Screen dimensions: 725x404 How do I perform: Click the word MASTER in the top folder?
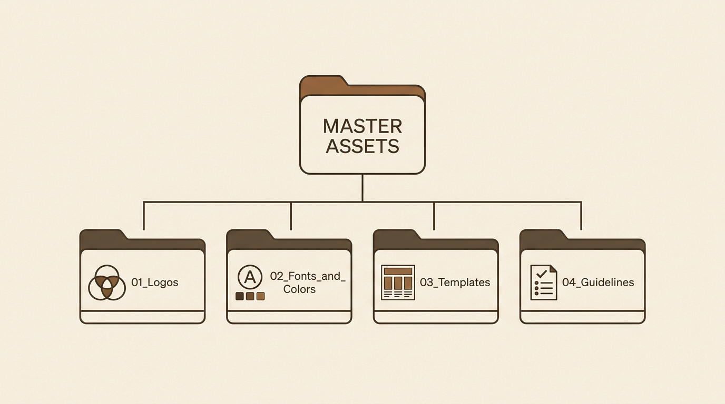coord(362,126)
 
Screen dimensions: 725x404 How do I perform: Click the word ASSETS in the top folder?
coord(362,146)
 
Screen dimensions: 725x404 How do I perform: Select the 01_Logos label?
coord(155,282)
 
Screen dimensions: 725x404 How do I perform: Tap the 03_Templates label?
coord(455,282)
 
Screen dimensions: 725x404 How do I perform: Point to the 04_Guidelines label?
coord(598,282)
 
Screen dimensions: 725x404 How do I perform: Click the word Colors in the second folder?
coord(299,289)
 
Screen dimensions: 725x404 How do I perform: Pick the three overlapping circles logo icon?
coord(107,283)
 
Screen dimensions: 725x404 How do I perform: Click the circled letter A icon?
coord(250,277)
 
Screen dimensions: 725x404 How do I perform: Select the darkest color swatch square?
coord(240,296)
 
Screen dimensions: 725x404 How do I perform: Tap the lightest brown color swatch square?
coord(260,296)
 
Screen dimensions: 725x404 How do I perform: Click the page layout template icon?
coord(398,282)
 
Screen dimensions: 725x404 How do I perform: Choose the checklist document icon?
coord(544,282)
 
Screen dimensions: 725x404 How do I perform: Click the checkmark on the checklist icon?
coord(542,274)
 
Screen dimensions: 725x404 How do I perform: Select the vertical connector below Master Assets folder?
coord(362,188)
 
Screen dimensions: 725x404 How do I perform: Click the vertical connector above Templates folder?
coord(434,216)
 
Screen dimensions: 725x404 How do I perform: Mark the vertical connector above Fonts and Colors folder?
coord(291,216)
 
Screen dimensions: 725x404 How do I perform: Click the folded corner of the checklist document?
coord(553,269)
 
